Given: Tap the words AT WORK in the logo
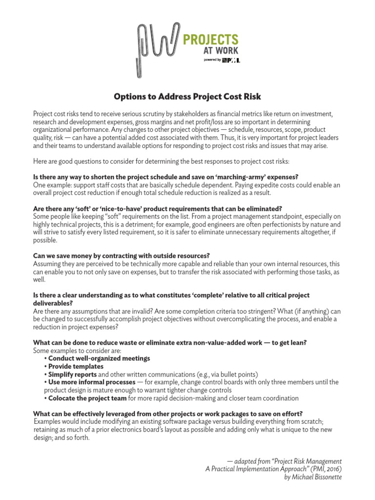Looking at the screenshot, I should click(x=221, y=51).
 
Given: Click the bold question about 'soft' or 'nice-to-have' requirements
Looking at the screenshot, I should click(x=157, y=208).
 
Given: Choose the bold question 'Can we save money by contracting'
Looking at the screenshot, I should click(x=121, y=255).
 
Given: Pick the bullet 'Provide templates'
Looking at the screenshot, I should click(x=75, y=366).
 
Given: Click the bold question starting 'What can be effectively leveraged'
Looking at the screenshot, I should click(x=167, y=414).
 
